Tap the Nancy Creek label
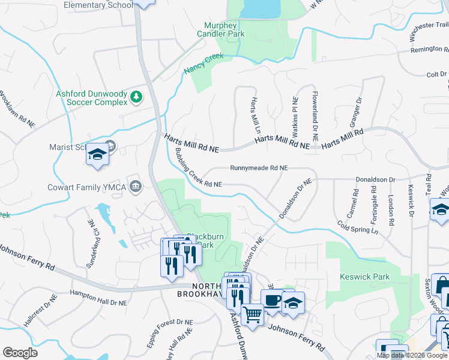coord(203,62)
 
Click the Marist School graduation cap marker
coord(97,155)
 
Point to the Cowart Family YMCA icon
coord(136,187)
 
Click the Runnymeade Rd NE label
coord(259,169)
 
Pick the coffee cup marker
coord(271,299)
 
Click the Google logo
coord(20,352)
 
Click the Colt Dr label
coord(436,74)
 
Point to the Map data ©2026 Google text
coord(412,355)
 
